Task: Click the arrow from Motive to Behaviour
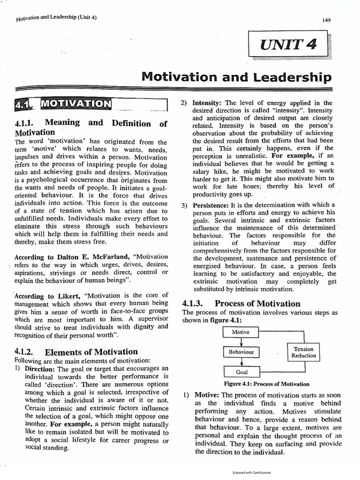click(240, 342)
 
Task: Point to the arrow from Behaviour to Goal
click(240, 362)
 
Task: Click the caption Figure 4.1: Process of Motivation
click(266, 384)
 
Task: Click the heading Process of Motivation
click(257, 303)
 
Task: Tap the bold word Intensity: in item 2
click(208, 103)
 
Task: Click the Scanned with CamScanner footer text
click(252, 472)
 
